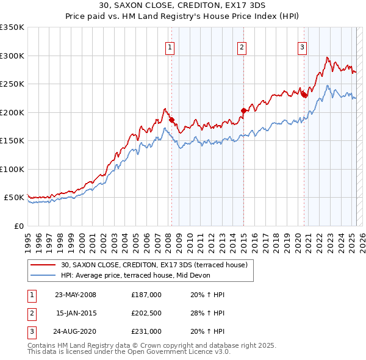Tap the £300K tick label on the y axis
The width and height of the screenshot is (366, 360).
click(12, 56)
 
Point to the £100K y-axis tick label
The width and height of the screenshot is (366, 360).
click(12, 169)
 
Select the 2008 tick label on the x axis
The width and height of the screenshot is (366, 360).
click(168, 238)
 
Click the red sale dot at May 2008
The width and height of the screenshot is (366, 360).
click(171, 120)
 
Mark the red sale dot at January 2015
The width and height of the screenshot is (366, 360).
click(243, 110)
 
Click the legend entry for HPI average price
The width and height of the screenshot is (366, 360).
click(135, 275)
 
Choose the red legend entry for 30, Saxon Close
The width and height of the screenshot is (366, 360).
click(154, 265)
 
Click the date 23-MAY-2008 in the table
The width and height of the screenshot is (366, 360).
click(76, 295)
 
